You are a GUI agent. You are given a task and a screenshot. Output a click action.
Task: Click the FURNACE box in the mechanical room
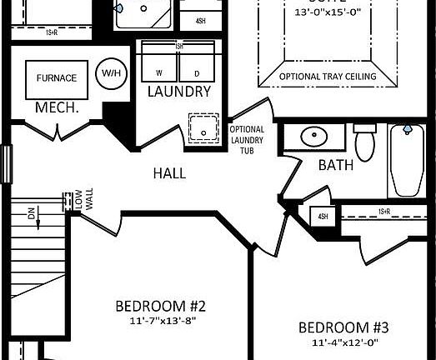click(x=56, y=78)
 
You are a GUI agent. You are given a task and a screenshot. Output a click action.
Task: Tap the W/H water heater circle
click(x=110, y=72)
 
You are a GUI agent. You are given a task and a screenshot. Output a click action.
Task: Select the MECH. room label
click(x=56, y=108)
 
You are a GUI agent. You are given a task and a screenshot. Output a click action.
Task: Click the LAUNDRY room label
click(x=178, y=92)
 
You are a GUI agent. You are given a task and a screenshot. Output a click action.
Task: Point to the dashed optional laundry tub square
click(x=201, y=127)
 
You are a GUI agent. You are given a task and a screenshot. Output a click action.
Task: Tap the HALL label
click(x=169, y=173)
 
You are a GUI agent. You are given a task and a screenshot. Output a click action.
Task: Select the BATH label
click(x=336, y=165)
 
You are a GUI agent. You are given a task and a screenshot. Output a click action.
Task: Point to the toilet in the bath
click(x=365, y=142)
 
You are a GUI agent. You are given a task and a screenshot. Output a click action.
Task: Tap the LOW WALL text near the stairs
click(x=77, y=204)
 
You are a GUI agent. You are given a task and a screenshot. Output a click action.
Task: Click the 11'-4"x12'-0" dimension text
click(x=344, y=342)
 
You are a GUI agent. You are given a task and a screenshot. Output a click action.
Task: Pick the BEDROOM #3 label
click(x=344, y=326)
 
